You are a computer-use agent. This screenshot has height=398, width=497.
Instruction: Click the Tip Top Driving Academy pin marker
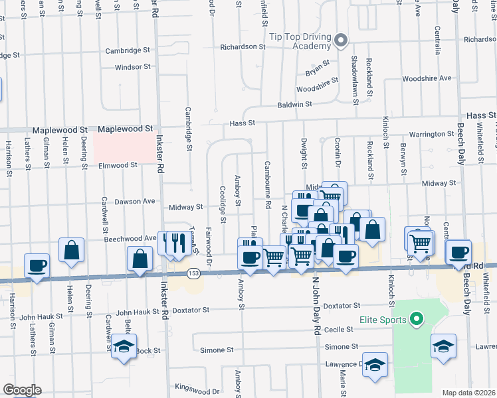(x=341, y=40)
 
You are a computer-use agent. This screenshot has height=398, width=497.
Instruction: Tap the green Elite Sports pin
(x=417, y=320)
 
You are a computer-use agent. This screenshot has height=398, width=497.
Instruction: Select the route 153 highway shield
(x=193, y=273)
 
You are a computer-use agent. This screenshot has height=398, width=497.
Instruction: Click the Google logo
(x=21, y=390)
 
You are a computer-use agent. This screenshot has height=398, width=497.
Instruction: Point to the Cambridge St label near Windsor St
(x=128, y=50)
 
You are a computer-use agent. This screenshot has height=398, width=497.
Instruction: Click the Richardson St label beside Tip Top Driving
(x=243, y=47)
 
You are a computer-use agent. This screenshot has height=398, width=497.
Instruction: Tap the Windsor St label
(x=132, y=67)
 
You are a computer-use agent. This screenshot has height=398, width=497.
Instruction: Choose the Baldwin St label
(x=295, y=104)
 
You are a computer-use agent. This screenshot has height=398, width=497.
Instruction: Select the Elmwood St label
(x=119, y=165)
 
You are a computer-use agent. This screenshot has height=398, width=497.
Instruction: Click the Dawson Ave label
(x=138, y=201)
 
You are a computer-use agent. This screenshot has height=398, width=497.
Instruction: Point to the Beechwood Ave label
(x=129, y=238)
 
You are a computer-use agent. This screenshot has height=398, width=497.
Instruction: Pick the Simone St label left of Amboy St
(x=217, y=349)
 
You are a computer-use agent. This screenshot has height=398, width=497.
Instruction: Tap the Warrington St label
(x=431, y=134)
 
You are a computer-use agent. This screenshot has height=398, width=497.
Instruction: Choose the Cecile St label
(x=338, y=329)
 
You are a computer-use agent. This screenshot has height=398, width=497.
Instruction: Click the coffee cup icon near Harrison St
(x=37, y=266)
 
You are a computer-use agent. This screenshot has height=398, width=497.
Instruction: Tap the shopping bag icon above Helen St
(x=71, y=251)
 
